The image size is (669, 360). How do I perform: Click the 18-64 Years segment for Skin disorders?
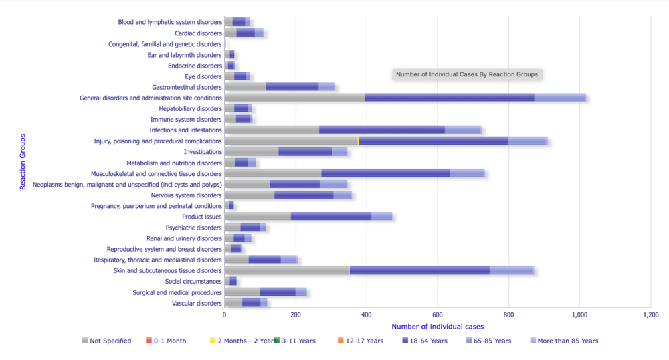pos(419,270)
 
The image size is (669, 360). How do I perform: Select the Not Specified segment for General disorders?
pos(294,98)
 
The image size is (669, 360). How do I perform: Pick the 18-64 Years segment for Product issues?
pos(331,217)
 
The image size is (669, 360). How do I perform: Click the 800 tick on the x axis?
pos(508,314)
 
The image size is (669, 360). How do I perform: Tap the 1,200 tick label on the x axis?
pos(650,314)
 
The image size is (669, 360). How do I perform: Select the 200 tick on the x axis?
pos(296,314)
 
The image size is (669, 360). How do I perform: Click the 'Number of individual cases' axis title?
pos(438,326)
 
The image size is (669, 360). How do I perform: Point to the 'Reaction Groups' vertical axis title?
pos(23,161)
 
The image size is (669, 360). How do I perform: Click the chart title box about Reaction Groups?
pos(466,74)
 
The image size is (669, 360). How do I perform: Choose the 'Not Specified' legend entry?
pos(106,341)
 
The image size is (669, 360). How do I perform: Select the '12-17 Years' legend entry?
pos(361,341)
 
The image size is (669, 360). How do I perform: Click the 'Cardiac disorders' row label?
pos(198,33)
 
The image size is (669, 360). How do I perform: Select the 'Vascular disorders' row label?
pos(197,303)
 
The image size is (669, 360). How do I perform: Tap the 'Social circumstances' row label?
pos(193,282)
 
